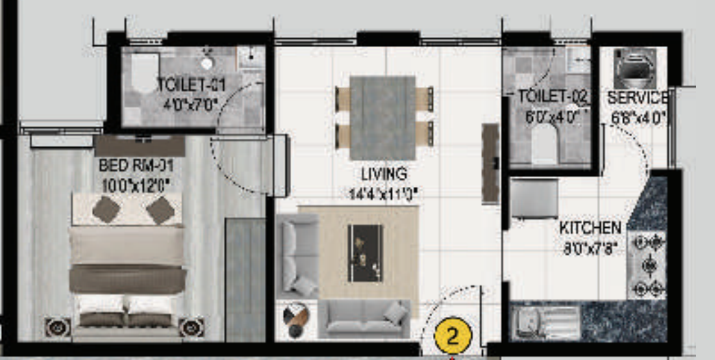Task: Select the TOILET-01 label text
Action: (x=190, y=86)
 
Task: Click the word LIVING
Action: (x=384, y=174)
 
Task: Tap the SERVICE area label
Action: (x=637, y=97)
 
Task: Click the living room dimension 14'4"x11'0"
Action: (x=384, y=194)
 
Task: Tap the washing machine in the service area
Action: (x=634, y=67)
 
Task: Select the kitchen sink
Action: (x=544, y=322)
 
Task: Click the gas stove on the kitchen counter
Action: (x=647, y=265)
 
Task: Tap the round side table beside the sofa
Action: (x=295, y=319)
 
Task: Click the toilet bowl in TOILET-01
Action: (x=144, y=73)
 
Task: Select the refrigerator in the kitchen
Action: (x=535, y=198)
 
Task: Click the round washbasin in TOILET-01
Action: (x=207, y=63)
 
